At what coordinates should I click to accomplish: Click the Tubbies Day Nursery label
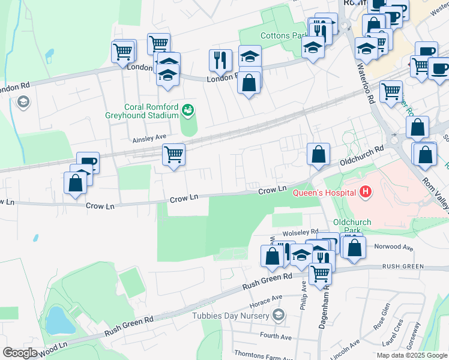[231, 315]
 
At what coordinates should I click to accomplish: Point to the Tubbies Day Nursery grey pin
[278, 314]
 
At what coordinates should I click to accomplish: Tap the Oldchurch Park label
[352, 226]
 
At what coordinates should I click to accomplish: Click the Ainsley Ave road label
[149, 137]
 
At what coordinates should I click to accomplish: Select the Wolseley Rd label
[301, 232]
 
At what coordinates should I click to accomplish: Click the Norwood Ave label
[394, 247]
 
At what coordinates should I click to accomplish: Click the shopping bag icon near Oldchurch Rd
[318, 154]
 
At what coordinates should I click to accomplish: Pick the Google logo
[20, 353]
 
